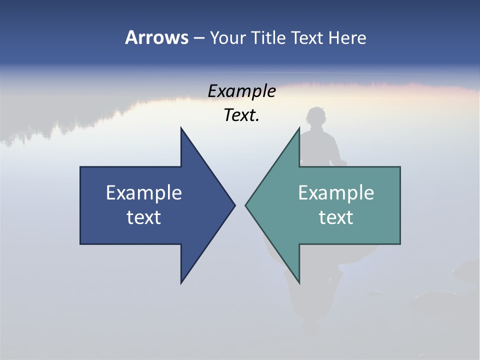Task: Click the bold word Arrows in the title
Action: pyautogui.click(x=156, y=37)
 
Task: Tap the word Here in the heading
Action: pyautogui.click(x=347, y=37)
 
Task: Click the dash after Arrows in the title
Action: pyautogui.click(x=198, y=38)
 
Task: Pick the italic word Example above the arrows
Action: pyautogui.click(x=241, y=91)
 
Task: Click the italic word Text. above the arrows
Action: pyautogui.click(x=241, y=115)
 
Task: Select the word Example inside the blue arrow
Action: pyautogui.click(x=144, y=193)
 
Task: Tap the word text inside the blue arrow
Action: pyautogui.click(x=144, y=217)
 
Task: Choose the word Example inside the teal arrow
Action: pyautogui.click(x=336, y=193)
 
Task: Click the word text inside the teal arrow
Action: pyautogui.click(x=336, y=217)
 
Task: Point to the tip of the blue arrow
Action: pyautogui.click(x=234, y=205)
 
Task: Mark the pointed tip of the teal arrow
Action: pyautogui.click(x=246, y=205)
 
